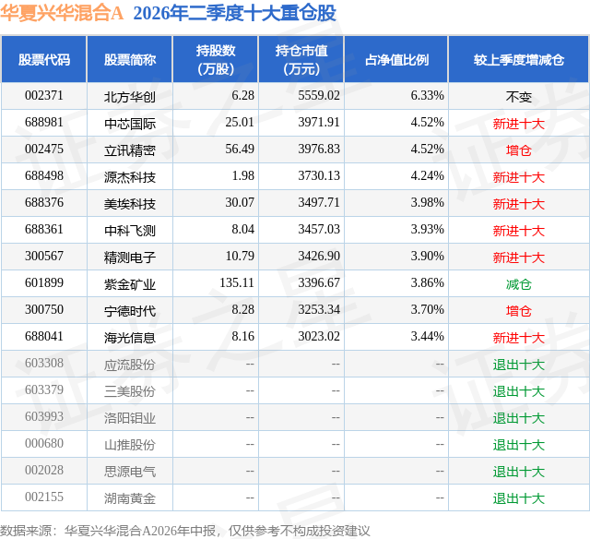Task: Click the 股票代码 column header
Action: (44, 59)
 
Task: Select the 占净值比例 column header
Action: (396, 59)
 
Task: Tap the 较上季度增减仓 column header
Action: (519, 59)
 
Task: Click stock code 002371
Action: (44, 96)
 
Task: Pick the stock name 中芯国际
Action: (130, 123)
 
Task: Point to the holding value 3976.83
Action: (319, 150)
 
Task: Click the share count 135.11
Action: (237, 282)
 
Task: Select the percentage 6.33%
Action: (427, 96)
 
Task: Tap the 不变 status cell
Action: (519, 97)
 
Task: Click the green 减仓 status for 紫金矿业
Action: (519, 284)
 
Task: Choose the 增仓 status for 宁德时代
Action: (519, 311)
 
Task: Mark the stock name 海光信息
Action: (130, 338)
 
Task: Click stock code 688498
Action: (44, 176)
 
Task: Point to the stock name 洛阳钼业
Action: (130, 418)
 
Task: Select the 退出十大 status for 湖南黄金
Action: (519, 498)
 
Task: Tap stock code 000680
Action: (44, 443)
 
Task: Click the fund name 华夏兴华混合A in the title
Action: (62, 13)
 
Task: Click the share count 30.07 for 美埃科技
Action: (240, 203)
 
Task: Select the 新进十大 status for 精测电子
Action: (519, 258)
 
